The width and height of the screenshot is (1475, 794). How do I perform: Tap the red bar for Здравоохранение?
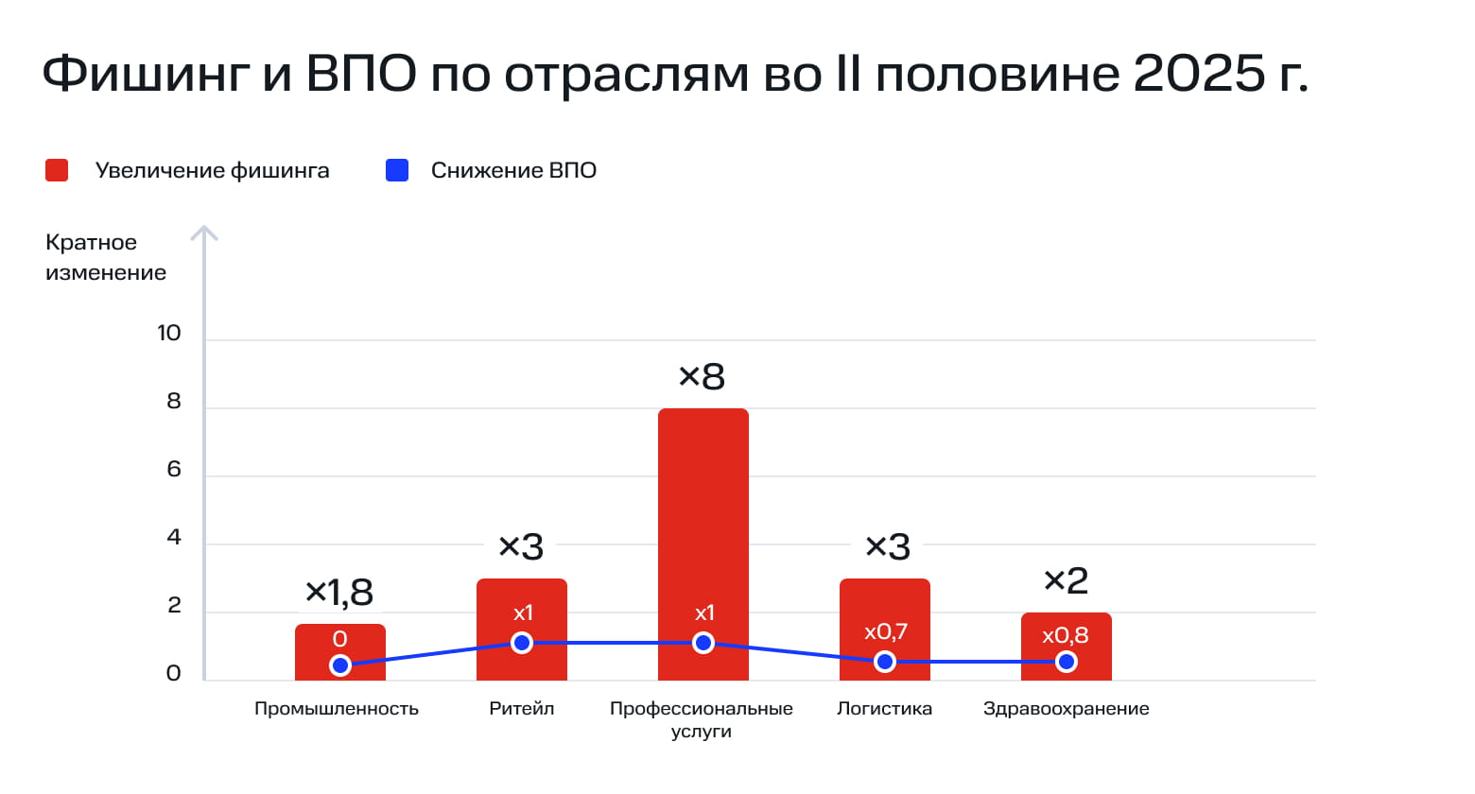pos(1066,652)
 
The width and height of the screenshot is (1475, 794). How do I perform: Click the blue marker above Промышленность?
pos(340,665)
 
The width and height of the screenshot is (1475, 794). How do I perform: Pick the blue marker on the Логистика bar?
pos(885,662)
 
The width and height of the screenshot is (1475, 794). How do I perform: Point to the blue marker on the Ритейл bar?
pos(522,643)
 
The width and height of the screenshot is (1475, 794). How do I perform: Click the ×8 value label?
pos(702,376)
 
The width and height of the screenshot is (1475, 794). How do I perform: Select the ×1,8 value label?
pos(339,593)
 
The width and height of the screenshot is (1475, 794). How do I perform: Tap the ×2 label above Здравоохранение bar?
pos(1066,580)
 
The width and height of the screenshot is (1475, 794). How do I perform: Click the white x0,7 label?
pos(886,631)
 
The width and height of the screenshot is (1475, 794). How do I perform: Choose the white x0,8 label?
pos(1066,635)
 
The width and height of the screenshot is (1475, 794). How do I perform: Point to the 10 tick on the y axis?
pos(169,333)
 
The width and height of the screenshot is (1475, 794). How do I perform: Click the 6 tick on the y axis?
pos(174,469)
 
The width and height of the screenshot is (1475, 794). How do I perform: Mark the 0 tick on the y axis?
pos(174,673)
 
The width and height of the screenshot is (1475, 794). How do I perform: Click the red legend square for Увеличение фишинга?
pos(57,170)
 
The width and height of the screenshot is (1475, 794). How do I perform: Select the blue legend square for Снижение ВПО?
pos(397,170)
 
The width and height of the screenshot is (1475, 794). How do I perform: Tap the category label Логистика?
pos(884,709)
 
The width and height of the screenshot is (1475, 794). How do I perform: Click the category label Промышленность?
pos(337,709)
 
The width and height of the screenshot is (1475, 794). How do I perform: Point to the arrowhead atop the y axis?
pos(204,231)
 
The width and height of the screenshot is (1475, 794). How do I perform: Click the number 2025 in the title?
pos(1199,73)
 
